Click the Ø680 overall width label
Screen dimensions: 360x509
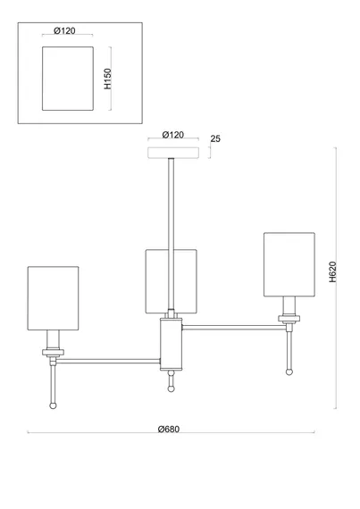point(169,430)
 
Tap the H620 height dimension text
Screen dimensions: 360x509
point(332,271)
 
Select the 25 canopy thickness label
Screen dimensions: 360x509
point(215,138)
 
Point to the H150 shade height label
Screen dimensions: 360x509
point(108,79)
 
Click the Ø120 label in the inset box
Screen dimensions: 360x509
point(64,31)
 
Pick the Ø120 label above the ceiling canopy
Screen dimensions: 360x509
point(173,135)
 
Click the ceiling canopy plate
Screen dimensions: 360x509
point(173,153)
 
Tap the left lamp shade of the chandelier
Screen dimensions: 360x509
point(54,298)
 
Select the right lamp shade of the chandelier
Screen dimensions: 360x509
point(289,264)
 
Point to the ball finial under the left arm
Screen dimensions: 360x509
point(53,405)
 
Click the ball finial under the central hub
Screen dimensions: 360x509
point(172,388)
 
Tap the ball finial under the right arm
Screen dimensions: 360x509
point(289,371)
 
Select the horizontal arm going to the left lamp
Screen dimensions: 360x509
point(108,361)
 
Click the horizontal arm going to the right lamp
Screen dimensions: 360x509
point(234,327)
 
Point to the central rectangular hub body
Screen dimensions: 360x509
point(172,344)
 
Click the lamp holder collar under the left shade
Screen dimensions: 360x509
point(54,353)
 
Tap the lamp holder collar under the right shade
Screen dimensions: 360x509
point(289,319)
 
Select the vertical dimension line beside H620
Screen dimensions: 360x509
point(336,278)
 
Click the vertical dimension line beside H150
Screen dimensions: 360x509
point(111,79)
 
